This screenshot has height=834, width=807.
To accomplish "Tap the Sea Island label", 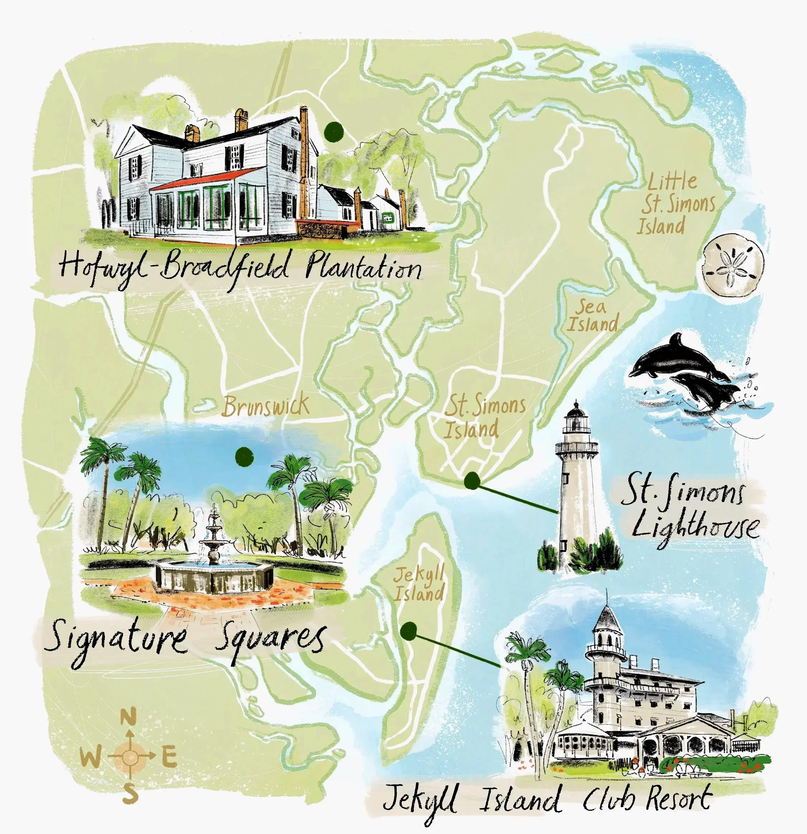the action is point(592,316).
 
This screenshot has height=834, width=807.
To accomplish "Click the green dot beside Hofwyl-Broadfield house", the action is point(334,132).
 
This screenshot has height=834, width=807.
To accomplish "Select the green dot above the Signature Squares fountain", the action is point(244,457).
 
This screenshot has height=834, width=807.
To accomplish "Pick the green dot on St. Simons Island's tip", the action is point(472,481).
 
